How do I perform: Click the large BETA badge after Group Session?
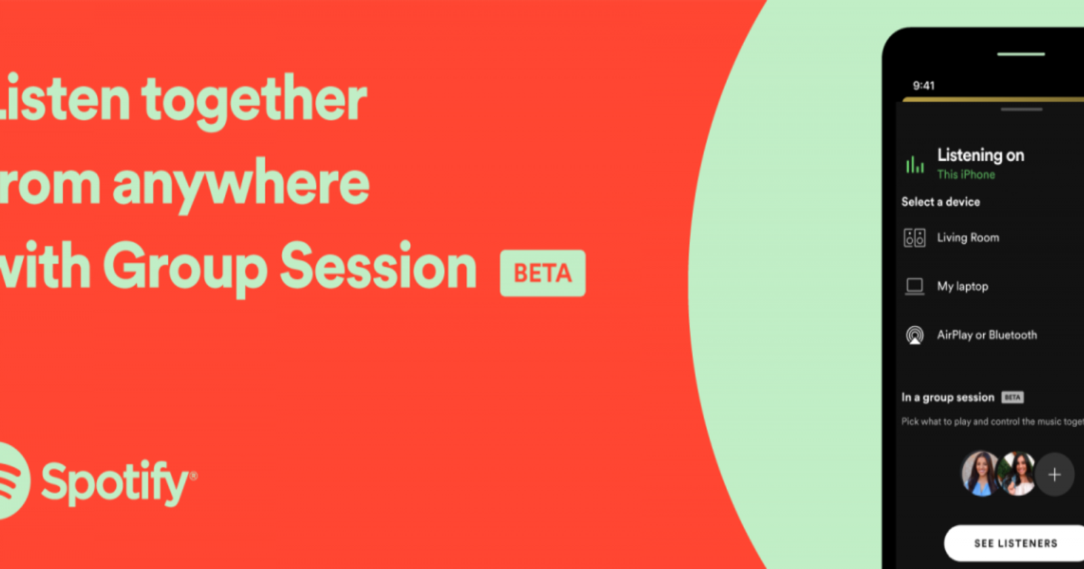[543, 273]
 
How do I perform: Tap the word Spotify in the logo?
[115, 482]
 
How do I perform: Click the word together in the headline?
[254, 100]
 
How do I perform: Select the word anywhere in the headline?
[241, 184]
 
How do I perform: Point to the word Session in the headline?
[378, 267]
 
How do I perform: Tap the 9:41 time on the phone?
[923, 85]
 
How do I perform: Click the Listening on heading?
[980, 155]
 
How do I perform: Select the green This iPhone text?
[966, 174]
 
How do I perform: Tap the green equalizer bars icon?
[915, 165]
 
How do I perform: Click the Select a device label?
[940, 202]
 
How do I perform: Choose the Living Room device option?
[967, 238]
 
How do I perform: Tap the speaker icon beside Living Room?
[915, 238]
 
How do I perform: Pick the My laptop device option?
[962, 287]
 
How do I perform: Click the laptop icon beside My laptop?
[915, 287]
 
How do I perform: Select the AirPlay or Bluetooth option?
[986, 335]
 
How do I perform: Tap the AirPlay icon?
[915, 335]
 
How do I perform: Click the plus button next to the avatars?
[1054, 475]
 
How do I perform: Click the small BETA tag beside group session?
[1012, 398]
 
